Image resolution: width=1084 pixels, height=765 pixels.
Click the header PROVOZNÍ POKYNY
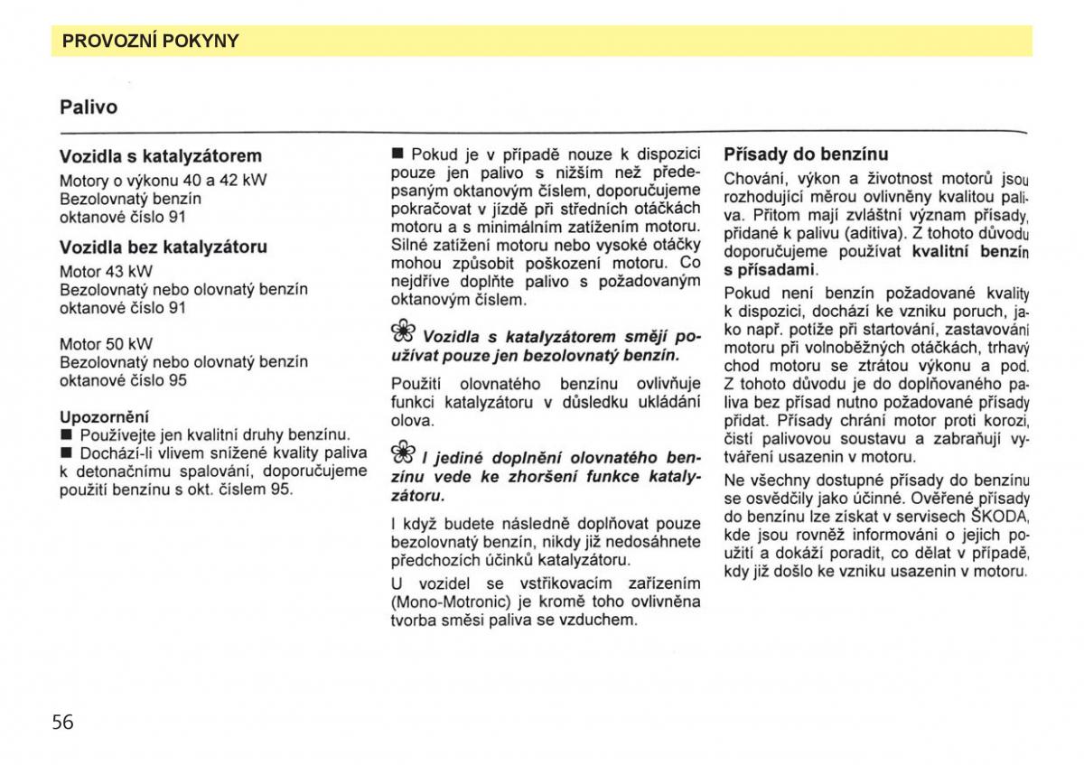[150, 41]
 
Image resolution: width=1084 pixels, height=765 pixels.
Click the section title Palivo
[89, 107]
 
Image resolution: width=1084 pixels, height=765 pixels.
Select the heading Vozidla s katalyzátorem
[161, 155]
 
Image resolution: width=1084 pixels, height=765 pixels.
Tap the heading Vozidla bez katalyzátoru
[164, 247]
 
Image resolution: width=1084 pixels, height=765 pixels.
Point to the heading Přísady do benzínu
[806, 154]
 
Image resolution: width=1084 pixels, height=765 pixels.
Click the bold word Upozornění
[104, 417]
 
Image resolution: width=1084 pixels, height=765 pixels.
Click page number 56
[62, 721]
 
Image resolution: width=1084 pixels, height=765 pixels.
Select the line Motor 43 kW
[106, 271]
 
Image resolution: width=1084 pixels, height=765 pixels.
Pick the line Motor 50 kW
[106, 343]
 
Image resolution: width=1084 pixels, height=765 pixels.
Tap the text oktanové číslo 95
[123, 380]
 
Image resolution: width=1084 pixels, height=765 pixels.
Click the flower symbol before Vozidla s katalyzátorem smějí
[403, 331]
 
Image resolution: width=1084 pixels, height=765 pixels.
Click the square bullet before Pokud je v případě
[397, 154]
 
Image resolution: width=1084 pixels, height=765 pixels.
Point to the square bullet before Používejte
[65, 435]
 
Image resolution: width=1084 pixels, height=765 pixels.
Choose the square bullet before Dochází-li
[65, 453]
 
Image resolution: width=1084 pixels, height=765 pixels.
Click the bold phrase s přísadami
[770, 270]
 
